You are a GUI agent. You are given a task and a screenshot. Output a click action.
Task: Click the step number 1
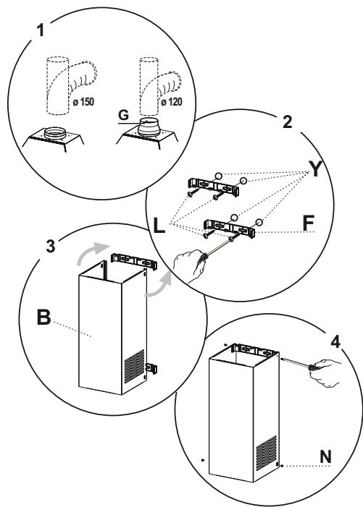pyautogui.click(x=41, y=30)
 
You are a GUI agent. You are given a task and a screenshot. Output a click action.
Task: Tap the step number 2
pyautogui.click(x=287, y=122)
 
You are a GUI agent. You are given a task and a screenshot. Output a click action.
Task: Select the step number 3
pyautogui.click(x=51, y=246)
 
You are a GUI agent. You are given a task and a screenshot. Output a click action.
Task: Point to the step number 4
pyautogui.click(x=335, y=341)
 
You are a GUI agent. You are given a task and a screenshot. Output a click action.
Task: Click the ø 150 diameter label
pyautogui.click(x=83, y=102)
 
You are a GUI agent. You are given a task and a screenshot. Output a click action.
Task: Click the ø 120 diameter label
pyautogui.click(x=171, y=102)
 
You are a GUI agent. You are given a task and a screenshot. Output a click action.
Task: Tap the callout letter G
pyautogui.click(x=124, y=115)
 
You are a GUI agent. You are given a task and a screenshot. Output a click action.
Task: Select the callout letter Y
pyautogui.click(x=315, y=169)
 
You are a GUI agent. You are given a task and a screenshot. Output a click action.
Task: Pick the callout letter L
pyautogui.click(x=159, y=226)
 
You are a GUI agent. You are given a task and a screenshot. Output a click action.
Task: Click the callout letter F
pyautogui.click(x=308, y=223)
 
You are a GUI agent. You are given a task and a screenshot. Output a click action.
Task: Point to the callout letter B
pyautogui.click(x=43, y=318)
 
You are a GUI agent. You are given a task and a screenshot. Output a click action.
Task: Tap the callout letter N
pyautogui.click(x=325, y=457)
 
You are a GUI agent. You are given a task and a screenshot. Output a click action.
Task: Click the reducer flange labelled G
pyautogui.click(x=149, y=127)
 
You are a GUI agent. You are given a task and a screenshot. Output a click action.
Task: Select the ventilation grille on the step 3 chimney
pyautogui.click(x=134, y=366)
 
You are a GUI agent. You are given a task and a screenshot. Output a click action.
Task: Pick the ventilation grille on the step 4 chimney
pyautogui.click(x=267, y=453)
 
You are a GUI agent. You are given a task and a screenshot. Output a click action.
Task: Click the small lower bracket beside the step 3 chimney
pyautogui.click(x=151, y=369)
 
